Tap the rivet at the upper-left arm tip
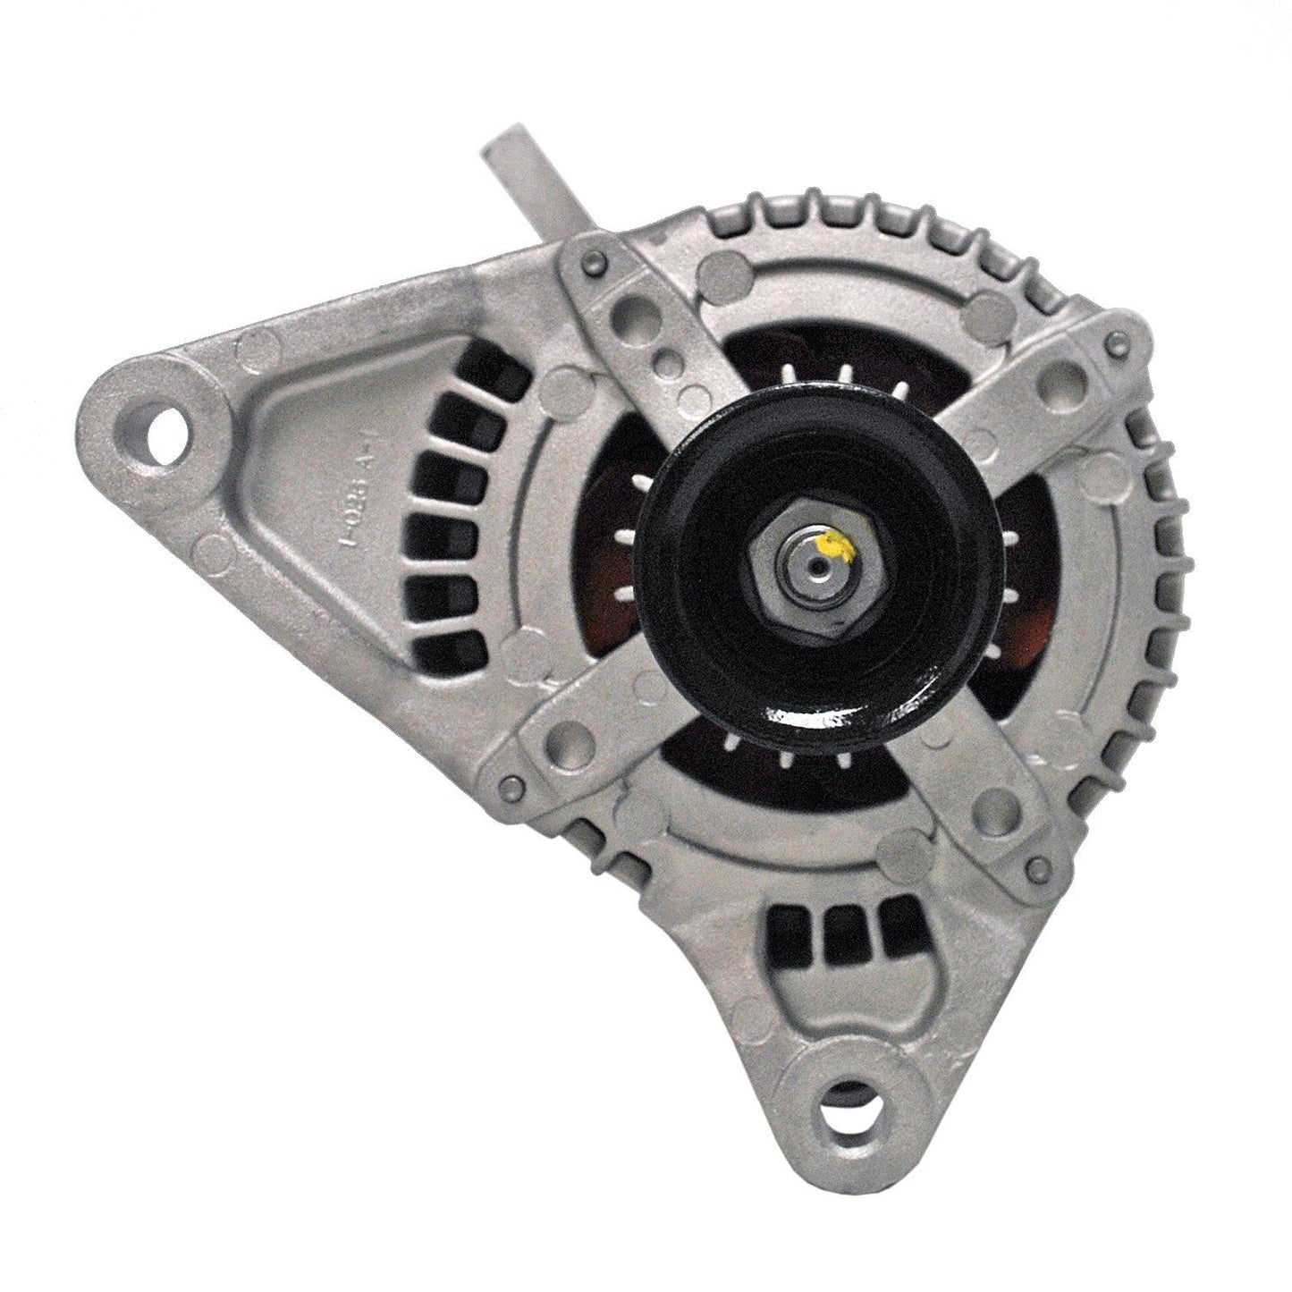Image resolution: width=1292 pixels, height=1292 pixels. pos(592,262)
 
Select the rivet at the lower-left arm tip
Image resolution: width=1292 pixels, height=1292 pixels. pos(511,784)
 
